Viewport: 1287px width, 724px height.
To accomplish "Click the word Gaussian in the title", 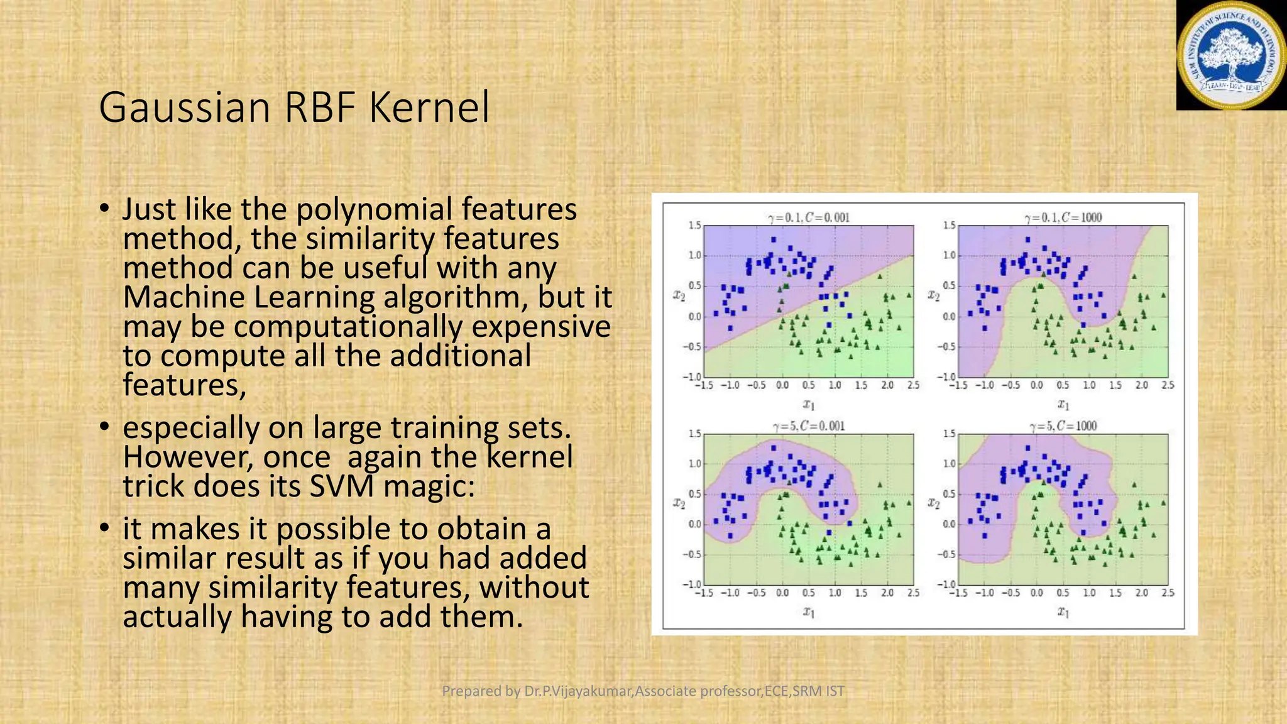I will pyautogui.click(x=184, y=108).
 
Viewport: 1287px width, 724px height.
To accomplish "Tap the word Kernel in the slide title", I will pyautogui.click(x=429, y=108).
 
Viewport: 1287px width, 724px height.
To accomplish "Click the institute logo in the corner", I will pyautogui.click(x=1231, y=55).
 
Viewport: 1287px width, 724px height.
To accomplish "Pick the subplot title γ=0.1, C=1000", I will pyautogui.click(x=1063, y=218).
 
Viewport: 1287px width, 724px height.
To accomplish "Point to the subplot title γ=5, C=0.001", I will pyautogui.click(x=808, y=426).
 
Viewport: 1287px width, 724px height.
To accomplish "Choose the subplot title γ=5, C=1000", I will pyautogui.click(x=1063, y=426).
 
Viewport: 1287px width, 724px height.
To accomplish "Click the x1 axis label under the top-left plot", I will pyautogui.click(x=809, y=404).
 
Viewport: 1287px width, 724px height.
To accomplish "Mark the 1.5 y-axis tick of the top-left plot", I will pyautogui.click(x=694, y=226).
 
